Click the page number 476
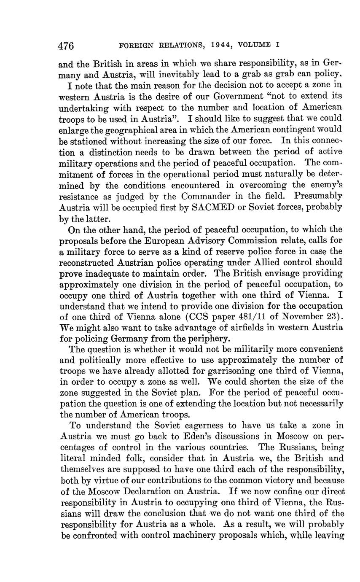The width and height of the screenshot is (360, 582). [66, 45]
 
